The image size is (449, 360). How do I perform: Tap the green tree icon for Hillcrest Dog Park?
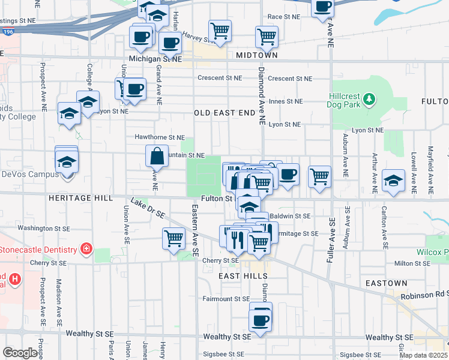click(370, 98)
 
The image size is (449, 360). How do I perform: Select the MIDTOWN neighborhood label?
click(257, 55)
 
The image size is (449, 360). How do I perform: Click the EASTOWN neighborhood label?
click(387, 283)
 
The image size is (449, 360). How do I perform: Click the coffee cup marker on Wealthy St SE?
click(261, 319)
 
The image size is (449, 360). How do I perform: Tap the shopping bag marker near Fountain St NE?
click(157, 157)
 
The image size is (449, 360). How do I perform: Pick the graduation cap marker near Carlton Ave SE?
click(393, 180)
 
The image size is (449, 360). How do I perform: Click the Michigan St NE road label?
click(155, 59)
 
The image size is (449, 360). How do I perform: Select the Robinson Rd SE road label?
click(426, 295)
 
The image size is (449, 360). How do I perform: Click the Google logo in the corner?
click(20, 353)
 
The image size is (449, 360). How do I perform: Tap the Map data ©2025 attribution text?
click(424, 355)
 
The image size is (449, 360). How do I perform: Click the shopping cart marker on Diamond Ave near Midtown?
click(267, 36)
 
